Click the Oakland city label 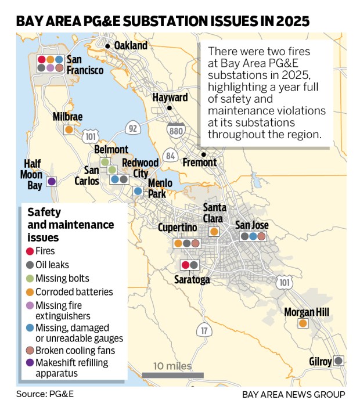pyautogui.click(x=130, y=45)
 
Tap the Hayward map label pyautogui.click(x=170, y=98)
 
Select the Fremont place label pyautogui.click(x=200, y=163)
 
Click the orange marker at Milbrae pyautogui.click(x=69, y=130)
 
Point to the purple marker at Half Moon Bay pyautogui.click(x=51, y=182)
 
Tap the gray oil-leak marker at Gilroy pyautogui.click(x=339, y=361)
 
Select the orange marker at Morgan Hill pyautogui.click(x=303, y=323)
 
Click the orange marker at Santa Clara pyautogui.click(x=214, y=232)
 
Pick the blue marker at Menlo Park pyautogui.click(x=138, y=190)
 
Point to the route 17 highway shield pyautogui.click(x=203, y=331)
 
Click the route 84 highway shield pyautogui.click(x=170, y=156)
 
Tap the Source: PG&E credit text pyautogui.click(x=45, y=394)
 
